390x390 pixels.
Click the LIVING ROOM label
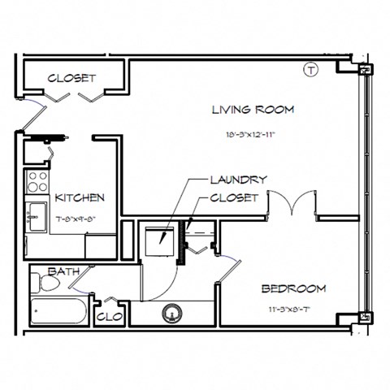[x=253, y=110]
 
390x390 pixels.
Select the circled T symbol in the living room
[x=310, y=71]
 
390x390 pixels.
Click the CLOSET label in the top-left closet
[x=72, y=79]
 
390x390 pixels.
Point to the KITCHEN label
[x=79, y=197]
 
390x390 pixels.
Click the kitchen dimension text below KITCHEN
[x=78, y=218]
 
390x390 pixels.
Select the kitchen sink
[x=35, y=215]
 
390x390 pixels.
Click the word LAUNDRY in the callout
[x=239, y=180]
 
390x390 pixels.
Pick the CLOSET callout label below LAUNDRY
[x=234, y=197]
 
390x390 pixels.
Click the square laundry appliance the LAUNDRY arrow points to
[x=157, y=237]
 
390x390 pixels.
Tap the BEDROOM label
[x=293, y=288]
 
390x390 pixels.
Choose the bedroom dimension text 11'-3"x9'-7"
[x=293, y=310]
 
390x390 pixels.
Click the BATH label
[x=63, y=271]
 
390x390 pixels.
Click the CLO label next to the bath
[x=109, y=316]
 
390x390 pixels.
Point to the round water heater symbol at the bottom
[x=172, y=311]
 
